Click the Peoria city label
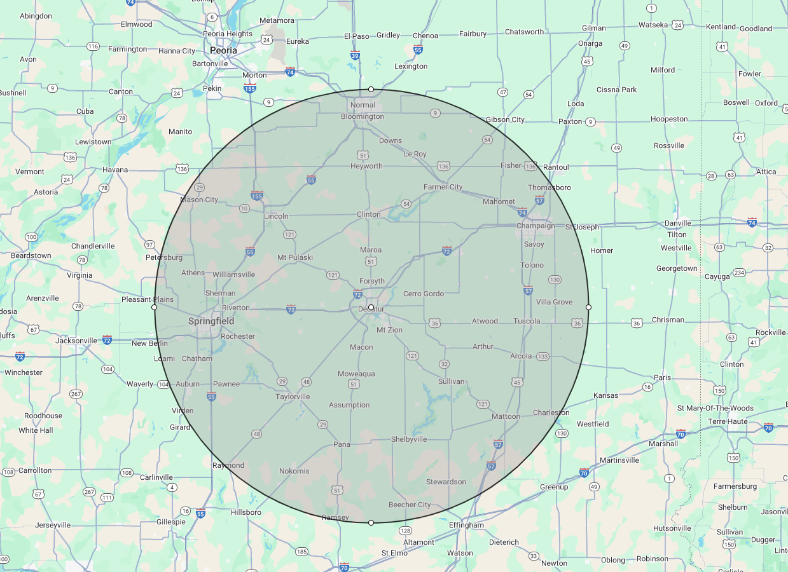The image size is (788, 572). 223,50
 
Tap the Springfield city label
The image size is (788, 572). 211,321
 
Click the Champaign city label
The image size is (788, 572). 536,226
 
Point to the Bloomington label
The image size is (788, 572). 363,116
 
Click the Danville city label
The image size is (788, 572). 677,223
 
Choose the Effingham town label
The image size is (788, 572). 466,525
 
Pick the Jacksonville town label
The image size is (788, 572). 76,341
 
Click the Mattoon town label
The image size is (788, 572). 506,416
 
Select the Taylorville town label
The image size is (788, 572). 293,397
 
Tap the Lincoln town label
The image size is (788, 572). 276,216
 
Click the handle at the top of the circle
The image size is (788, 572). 371,89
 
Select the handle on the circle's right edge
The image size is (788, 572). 588,307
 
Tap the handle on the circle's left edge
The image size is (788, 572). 154,307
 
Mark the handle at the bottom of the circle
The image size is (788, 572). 371,522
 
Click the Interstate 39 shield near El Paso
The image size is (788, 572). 355,56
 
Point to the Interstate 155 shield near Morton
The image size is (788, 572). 250,88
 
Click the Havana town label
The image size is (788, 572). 115,170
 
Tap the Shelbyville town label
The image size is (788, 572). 409,439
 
